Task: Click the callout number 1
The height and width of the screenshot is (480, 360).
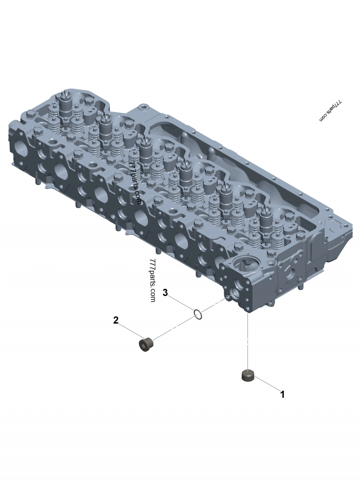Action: pos(283,394)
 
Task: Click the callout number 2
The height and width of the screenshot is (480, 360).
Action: pos(116,320)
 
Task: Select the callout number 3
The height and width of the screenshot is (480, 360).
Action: pos(165,292)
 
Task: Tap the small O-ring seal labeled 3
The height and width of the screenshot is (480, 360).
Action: pos(198,314)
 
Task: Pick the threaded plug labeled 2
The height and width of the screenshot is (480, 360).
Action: pos(146,345)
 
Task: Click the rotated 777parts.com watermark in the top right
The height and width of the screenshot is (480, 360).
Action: pos(331,111)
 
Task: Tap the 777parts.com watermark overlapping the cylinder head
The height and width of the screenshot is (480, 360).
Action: pos(136,184)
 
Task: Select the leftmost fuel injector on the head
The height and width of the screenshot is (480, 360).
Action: pos(65,104)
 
